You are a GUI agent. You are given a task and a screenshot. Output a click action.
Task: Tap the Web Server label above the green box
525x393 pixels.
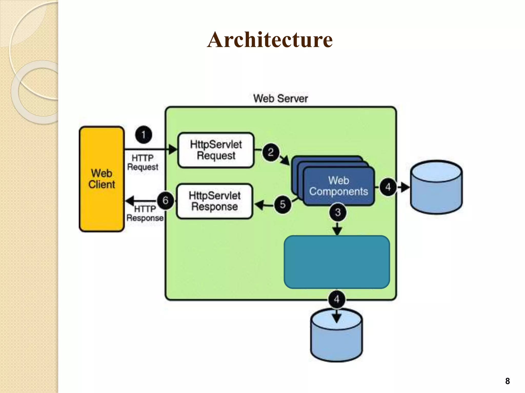(x=280, y=99)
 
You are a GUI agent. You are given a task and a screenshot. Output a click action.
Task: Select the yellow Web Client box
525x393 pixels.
(x=102, y=179)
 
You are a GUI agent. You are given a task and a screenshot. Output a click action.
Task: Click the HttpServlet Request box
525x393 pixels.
(x=216, y=150)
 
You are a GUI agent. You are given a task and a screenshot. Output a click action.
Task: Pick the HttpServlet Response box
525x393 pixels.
(x=215, y=201)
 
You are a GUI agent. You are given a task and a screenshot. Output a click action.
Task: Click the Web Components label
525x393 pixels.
(x=338, y=186)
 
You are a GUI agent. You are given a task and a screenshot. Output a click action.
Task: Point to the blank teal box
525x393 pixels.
(x=337, y=262)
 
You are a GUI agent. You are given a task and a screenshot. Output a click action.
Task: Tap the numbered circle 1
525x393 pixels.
(x=144, y=135)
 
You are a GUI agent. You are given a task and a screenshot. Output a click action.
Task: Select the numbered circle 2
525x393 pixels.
(x=271, y=152)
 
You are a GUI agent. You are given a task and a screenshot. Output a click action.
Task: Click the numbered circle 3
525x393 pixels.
(x=338, y=212)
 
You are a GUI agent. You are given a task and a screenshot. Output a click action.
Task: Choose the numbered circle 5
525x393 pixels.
(x=282, y=204)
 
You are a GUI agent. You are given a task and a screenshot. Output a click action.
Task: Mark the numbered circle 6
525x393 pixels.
(x=165, y=200)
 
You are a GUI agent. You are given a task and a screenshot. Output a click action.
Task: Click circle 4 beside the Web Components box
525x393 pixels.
(x=388, y=187)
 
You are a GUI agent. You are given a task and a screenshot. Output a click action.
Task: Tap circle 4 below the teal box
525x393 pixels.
(x=337, y=299)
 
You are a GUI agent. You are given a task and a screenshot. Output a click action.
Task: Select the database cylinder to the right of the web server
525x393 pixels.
(x=436, y=187)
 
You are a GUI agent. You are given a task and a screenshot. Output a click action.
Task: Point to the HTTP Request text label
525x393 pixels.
(x=143, y=162)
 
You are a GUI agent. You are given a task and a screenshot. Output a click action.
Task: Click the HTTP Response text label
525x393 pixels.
(x=145, y=214)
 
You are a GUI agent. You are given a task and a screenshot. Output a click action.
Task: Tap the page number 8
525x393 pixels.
(x=507, y=381)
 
